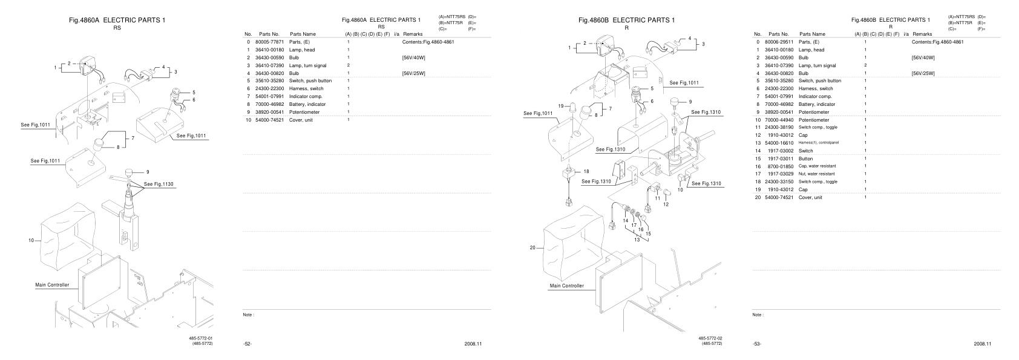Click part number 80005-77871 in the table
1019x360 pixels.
coord(269,42)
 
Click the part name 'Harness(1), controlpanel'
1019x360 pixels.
coord(819,143)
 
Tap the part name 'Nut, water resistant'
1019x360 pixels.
coord(817,174)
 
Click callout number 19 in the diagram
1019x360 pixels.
coord(561,105)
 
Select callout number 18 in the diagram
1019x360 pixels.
coord(586,171)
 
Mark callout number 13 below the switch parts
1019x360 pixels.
coord(637,240)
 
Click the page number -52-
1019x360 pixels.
coord(247,344)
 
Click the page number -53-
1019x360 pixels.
coord(757,344)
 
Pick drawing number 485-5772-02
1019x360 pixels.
coord(710,338)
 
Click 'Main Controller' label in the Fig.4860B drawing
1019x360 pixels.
coord(566,286)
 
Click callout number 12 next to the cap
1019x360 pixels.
coord(666,205)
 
